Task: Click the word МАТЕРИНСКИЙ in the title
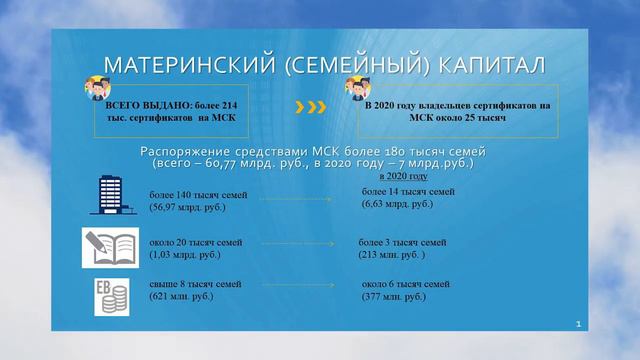[x=185, y=66]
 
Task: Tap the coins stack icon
[x=109, y=296]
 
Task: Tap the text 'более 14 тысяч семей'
[x=409, y=190]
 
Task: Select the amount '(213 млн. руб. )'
[x=394, y=255]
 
